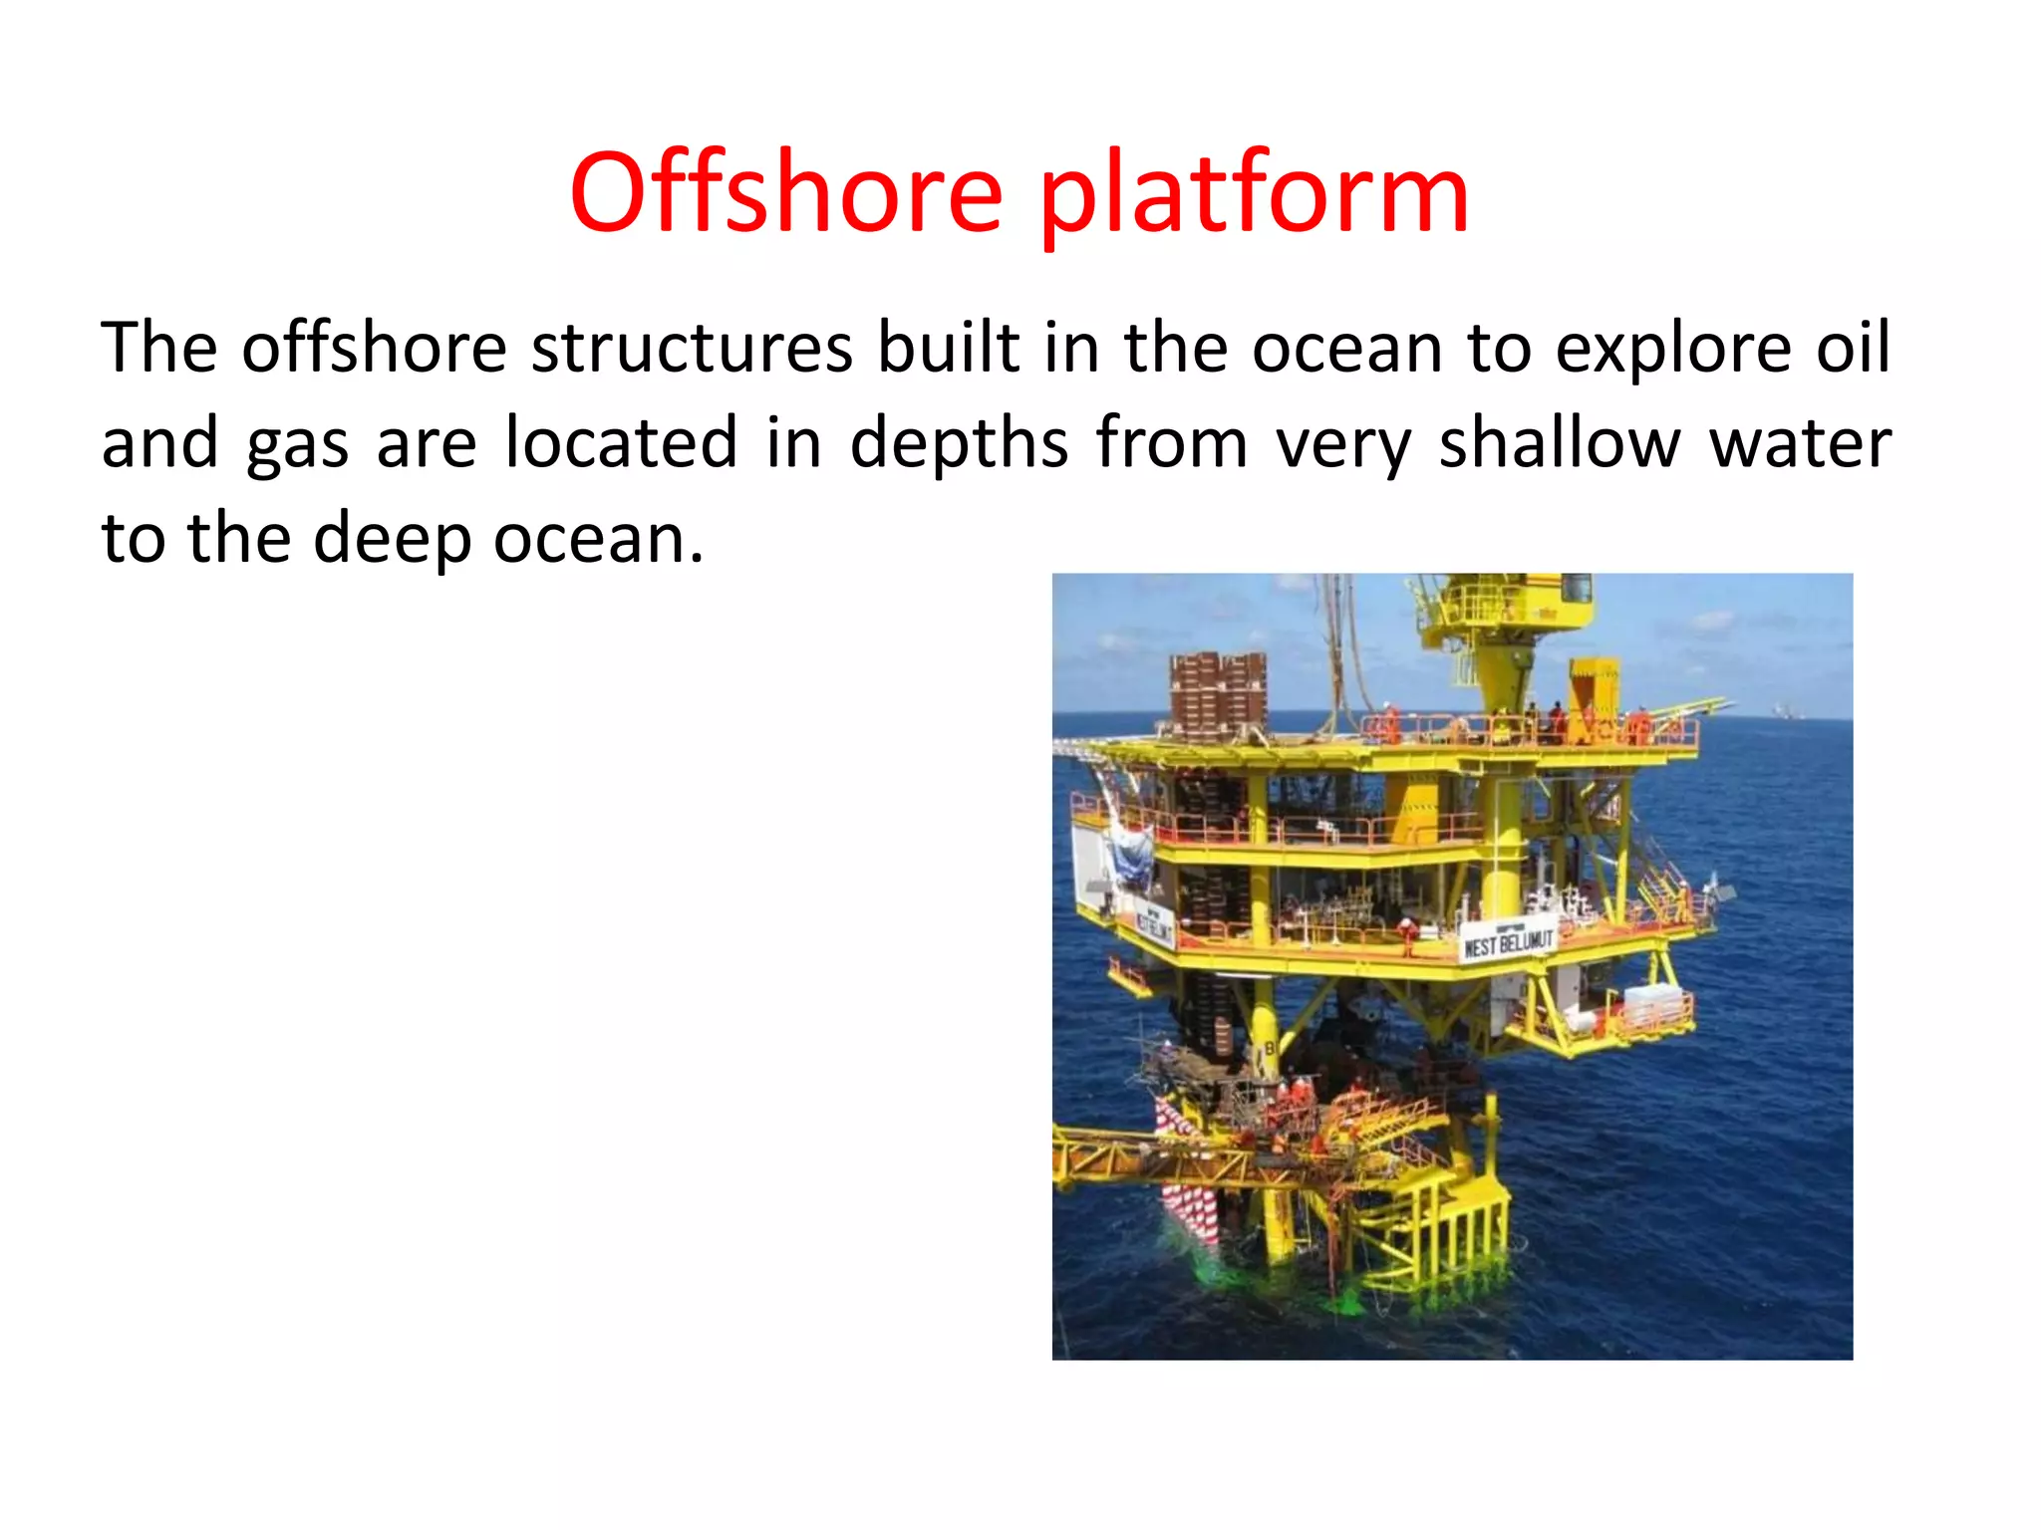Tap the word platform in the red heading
click(x=1254, y=196)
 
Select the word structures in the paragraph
click(x=691, y=348)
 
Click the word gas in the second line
click(x=297, y=444)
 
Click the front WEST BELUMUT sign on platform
click(x=1508, y=941)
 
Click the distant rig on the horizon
click(x=1780, y=710)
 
